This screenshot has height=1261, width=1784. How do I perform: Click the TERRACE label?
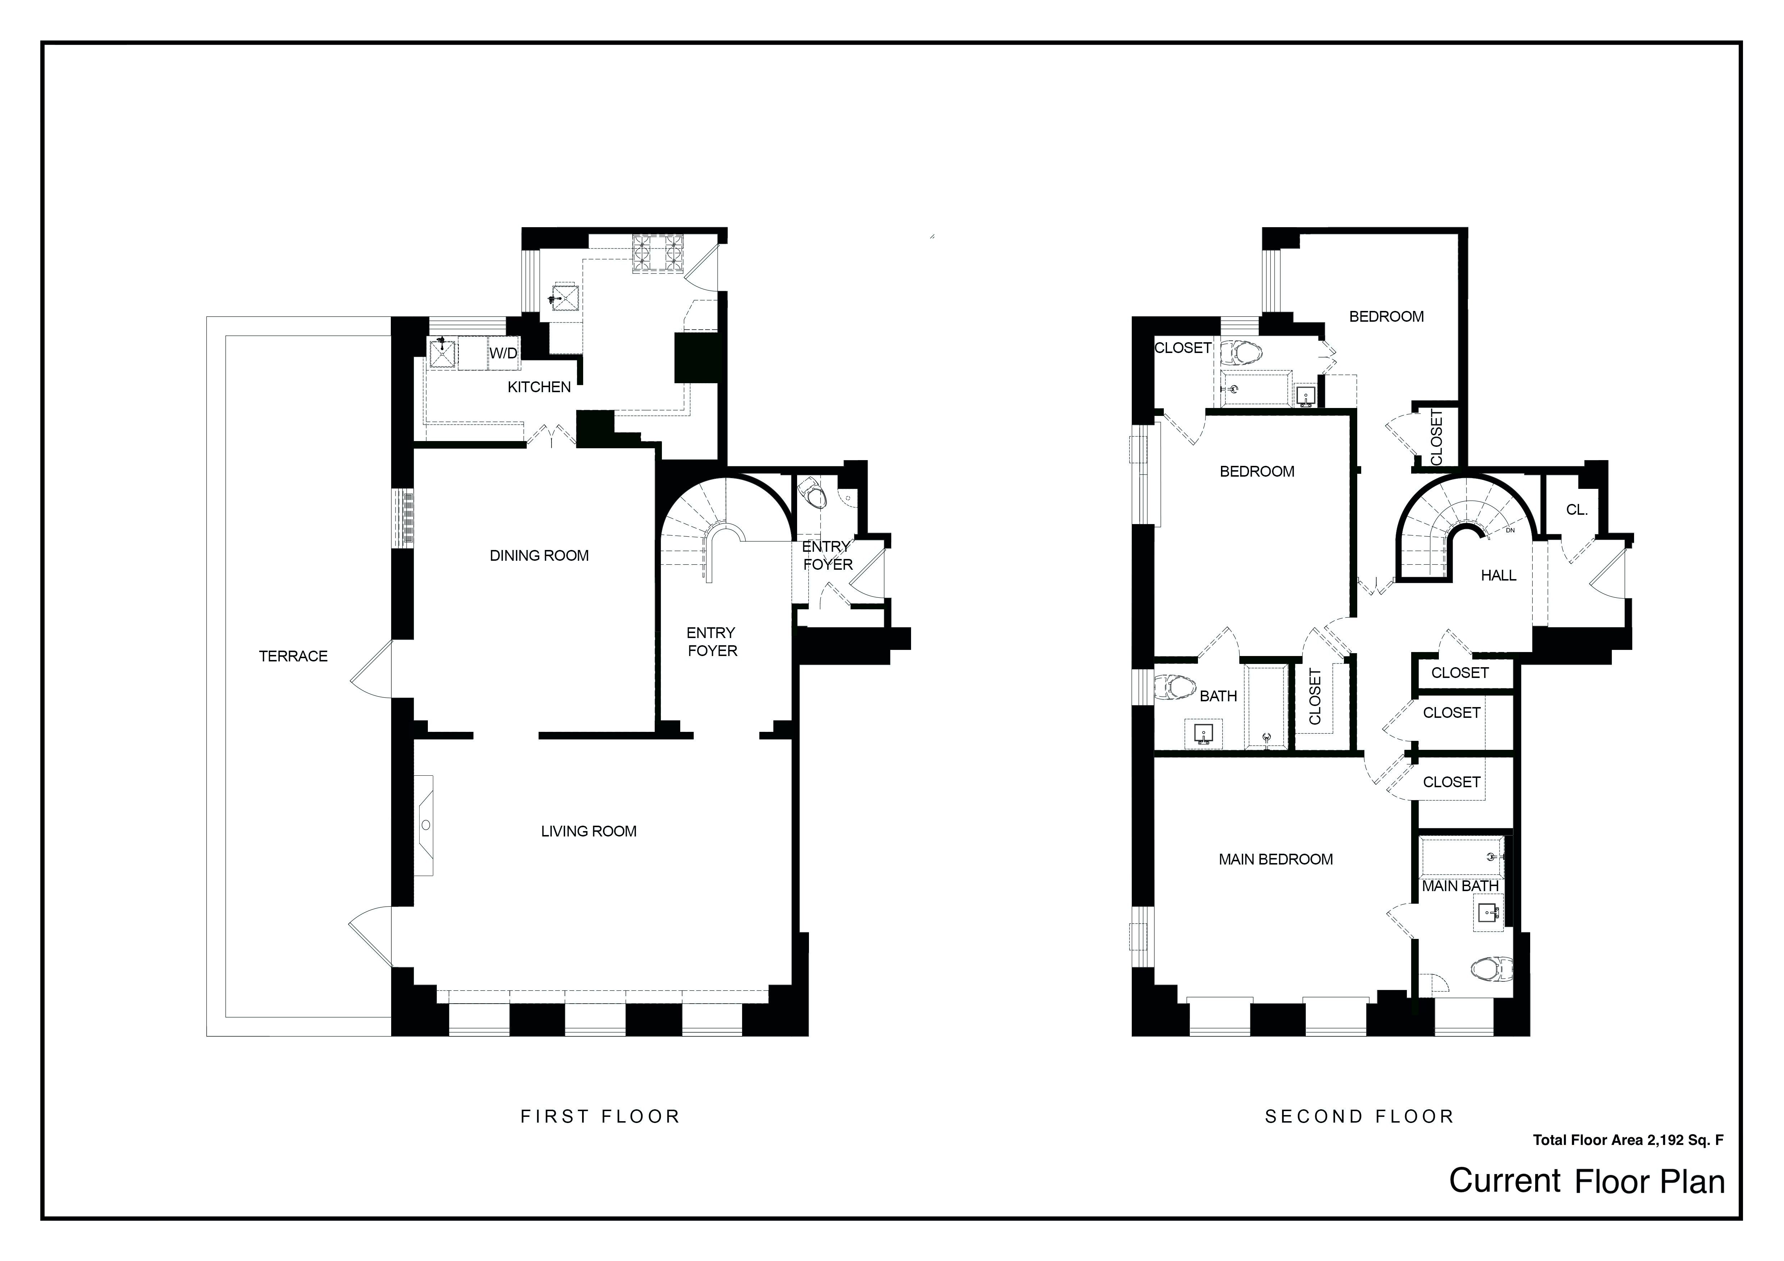[x=293, y=656]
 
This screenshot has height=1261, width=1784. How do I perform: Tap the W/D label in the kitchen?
[x=503, y=353]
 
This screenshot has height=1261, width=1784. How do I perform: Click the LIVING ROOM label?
[x=588, y=831]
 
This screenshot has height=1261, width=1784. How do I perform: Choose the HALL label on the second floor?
[x=1498, y=576]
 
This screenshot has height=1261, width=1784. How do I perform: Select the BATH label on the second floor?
[x=1218, y=696]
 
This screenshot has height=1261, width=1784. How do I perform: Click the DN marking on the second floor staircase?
[x=1510, y=531]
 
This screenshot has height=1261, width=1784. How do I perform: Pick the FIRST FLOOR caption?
[x=600, y=1116]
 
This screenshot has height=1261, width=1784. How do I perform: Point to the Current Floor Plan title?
[x=1587, y=1181]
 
